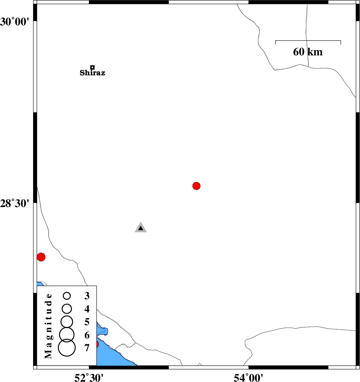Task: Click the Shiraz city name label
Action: click(x=92, y=73)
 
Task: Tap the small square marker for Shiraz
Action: click(x=92, y=67)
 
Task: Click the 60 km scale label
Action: click(x=308, y=52)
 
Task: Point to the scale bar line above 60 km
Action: click(x=308, y=41)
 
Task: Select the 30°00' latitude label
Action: click(x=15, y=22)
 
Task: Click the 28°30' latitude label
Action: click(x=15, y=203)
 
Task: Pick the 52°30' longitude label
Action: click(x=89, y=378)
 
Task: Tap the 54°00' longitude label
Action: click(x=249, y=378)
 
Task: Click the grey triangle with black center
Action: click(x=141, y=228)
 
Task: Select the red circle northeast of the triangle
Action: click(x=196, y=186)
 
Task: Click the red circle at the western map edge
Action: click(x=41, y=257)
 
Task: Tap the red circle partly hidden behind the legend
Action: click(x=97, y=344)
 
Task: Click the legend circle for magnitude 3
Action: click(x=67, y=296)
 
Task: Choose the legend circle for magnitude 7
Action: click(x=67, y=348)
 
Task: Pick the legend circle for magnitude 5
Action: click(x=67, y=322)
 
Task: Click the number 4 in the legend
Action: click(x=87, y=309)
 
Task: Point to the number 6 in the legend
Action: click(x=87, y=335)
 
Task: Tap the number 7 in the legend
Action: click(x=87, y=348)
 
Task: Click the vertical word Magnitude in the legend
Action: click(x=49, y=326)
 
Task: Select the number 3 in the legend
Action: click(x=87, y=296)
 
